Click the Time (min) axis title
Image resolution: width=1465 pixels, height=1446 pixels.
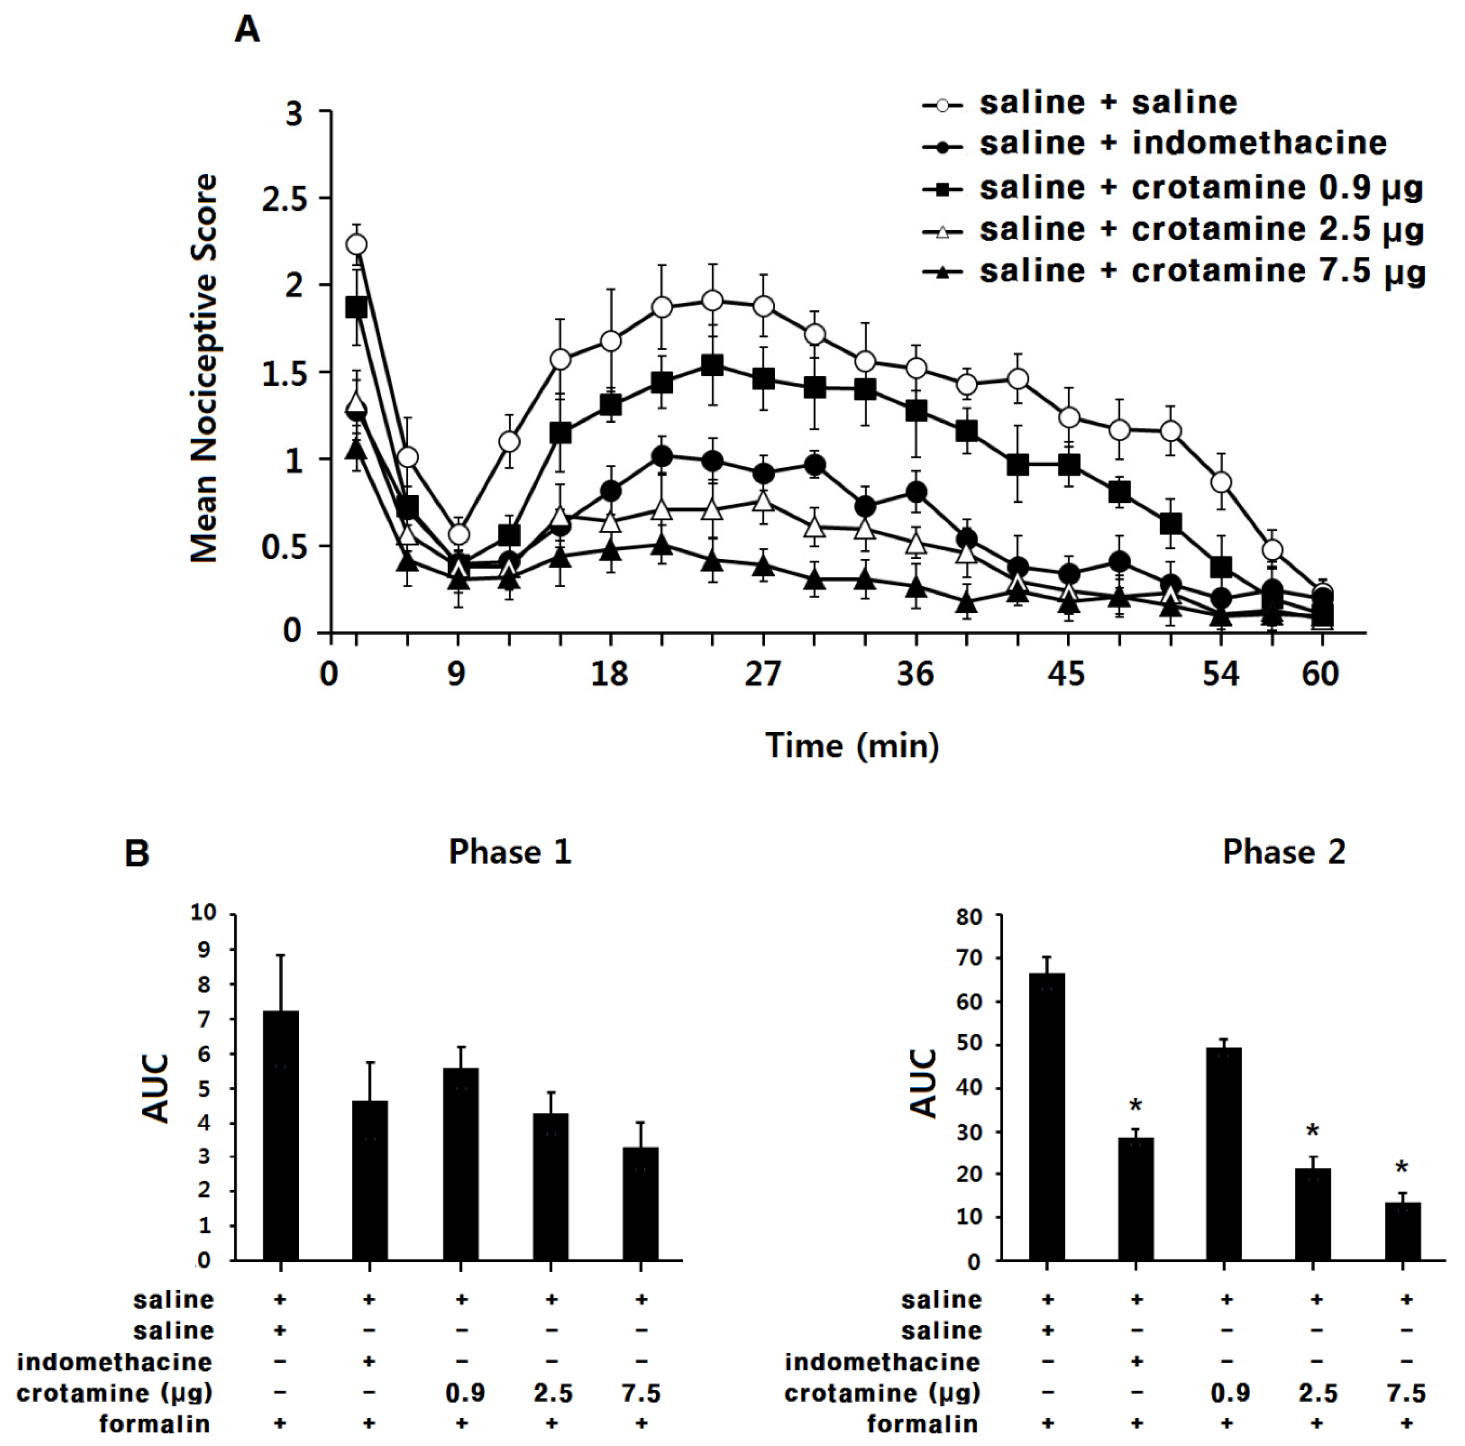(x=852, y=745)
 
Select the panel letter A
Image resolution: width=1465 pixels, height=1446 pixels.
(x=247, y=31)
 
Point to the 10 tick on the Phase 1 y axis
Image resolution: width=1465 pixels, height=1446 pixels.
(x=203, y=912)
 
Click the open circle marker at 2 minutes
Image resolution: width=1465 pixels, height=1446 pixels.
(x=356, y=244)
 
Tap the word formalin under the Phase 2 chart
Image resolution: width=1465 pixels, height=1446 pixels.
(x=922, y=1424)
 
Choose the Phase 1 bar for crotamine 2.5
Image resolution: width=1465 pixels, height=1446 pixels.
(x=551, y=1187)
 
